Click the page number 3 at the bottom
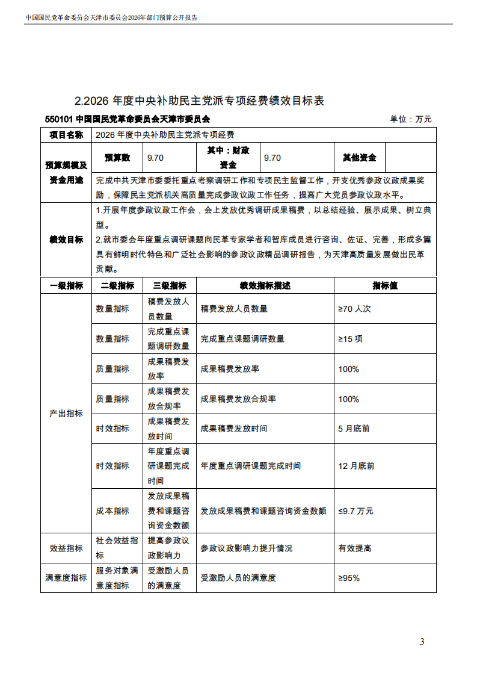(422, 641)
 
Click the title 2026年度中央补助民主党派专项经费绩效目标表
(200, 101)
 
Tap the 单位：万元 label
(410, 119)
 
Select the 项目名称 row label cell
(66, 135)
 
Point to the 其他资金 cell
(359, 158)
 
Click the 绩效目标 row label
(66, 240)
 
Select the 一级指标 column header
(66, 285)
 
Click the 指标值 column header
(384, 285)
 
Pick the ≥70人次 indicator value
(355, 309)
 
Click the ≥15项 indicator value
(350, 339)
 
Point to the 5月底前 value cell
(354, 429)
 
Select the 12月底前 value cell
(356, 466)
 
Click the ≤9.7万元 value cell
(355, 511)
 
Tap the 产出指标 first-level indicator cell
(66, 414)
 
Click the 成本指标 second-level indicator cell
(112, 511)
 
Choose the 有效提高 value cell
(355, 548)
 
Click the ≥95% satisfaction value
(349, 578)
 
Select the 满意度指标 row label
(66, 578)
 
